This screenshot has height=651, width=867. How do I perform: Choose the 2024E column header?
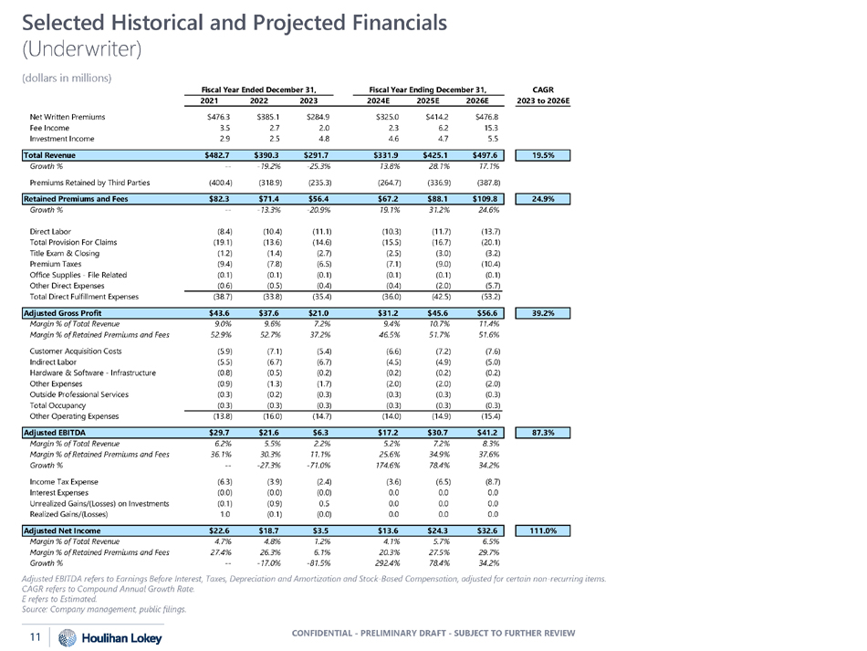pyautogui.click(x=386, y=100)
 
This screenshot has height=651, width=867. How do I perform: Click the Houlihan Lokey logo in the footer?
pyautogui.click(x=98, y=635)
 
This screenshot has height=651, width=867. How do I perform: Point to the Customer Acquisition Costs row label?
pyautogui.click(x=76, y=351)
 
